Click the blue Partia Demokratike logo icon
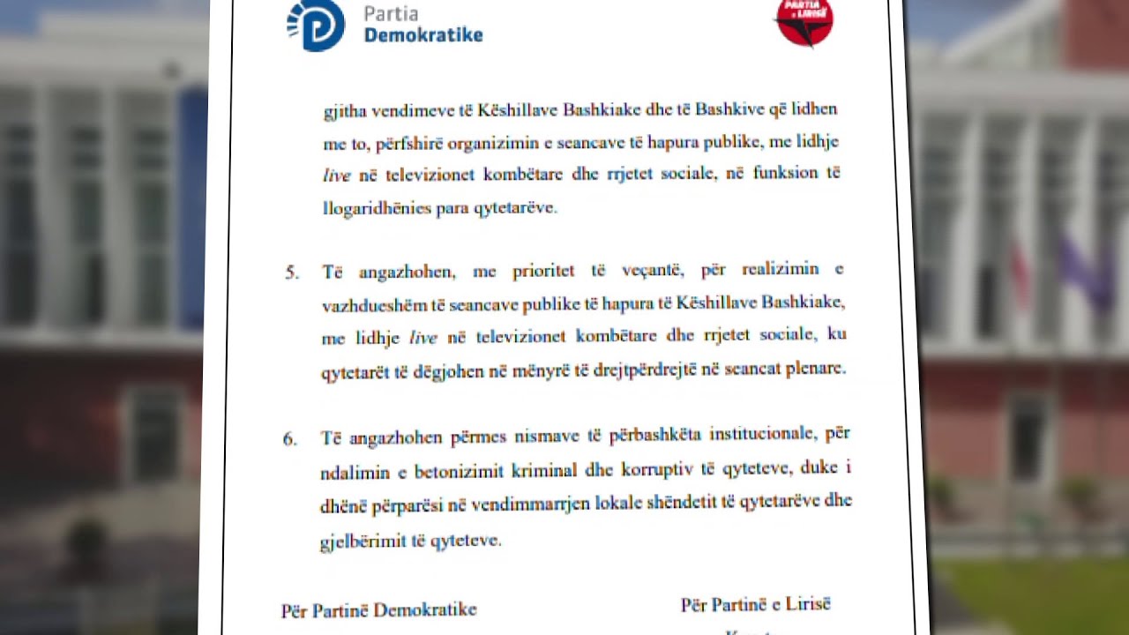(x=315, y=25)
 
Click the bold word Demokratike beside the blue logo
(x=423, y=35)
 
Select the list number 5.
(x=292, y=272)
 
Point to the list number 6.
(x=290, y=438)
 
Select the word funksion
(x=785, y=173)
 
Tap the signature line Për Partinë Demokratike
(x=379, y=610)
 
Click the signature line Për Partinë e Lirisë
(x=755, y=605)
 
